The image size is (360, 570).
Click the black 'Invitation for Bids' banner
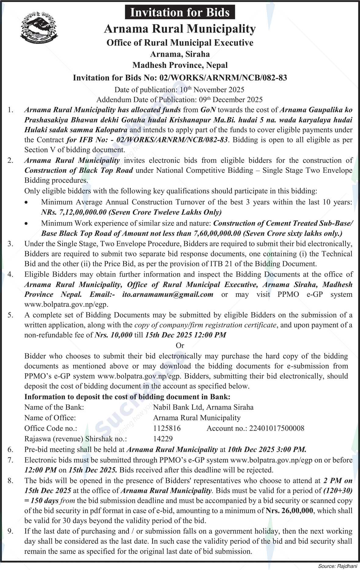coord(180,12)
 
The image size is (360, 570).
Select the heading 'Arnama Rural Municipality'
coord(180,29)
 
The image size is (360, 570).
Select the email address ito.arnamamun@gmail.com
coord(168,294)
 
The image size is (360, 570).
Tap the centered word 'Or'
coord(180,345)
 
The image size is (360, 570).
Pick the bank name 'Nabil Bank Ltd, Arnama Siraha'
coord(203,407)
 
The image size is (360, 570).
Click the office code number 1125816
coord(167,428)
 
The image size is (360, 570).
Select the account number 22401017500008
coord(276,428)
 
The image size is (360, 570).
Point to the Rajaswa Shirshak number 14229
coord(163,439)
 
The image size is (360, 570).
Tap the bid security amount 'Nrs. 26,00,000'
coord(289,511)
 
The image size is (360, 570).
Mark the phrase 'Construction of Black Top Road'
coord(79,170)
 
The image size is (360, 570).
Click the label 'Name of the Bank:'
coord(54,407)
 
